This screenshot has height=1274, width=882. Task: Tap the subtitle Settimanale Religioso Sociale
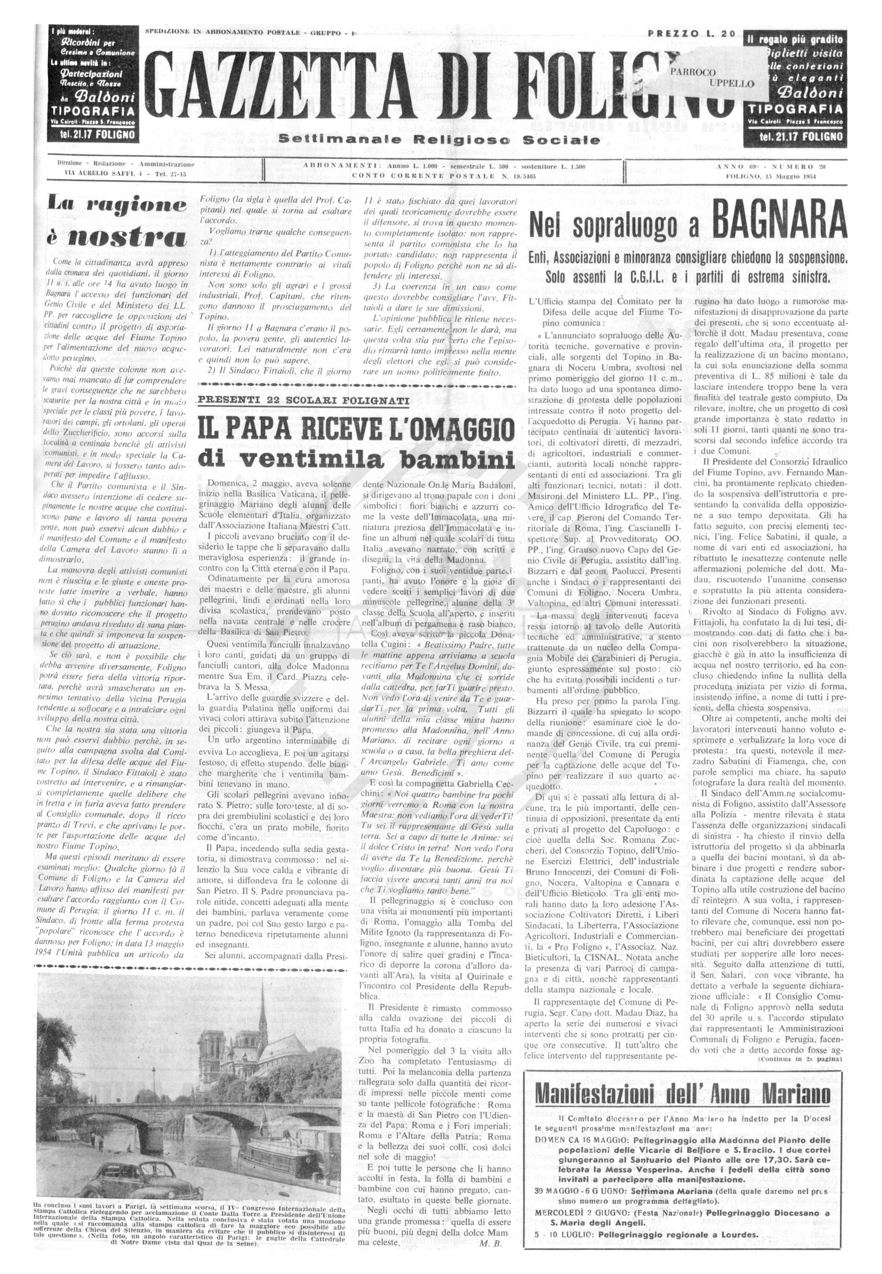439,140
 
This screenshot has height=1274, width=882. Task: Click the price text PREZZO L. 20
691,33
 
